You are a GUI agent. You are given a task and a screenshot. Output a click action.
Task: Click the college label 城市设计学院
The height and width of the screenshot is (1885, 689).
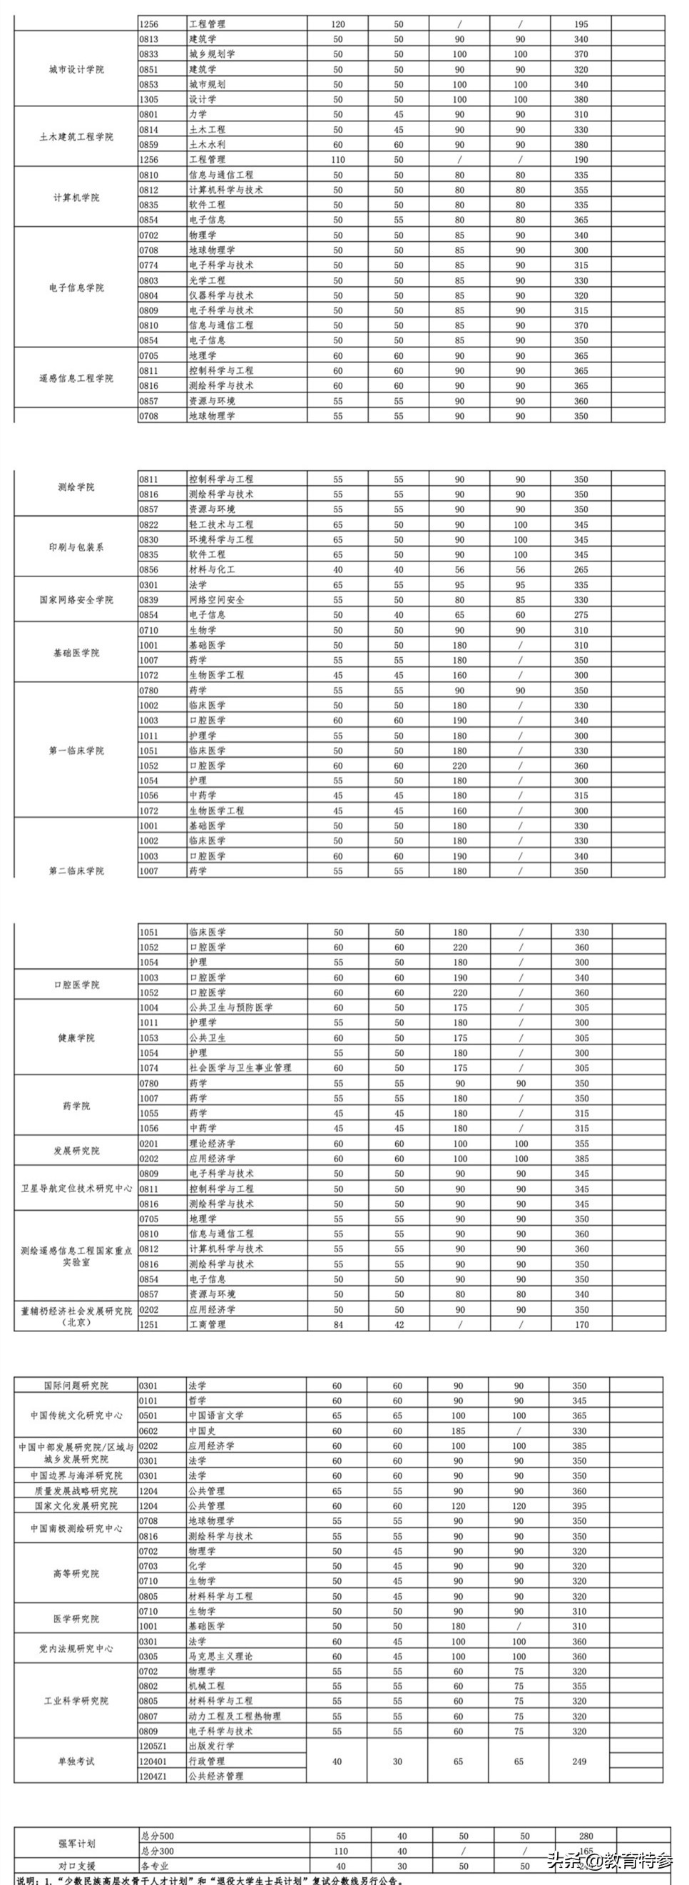tap(76, 69)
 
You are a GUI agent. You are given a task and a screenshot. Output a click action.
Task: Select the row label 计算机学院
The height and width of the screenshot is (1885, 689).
tap(76, 198)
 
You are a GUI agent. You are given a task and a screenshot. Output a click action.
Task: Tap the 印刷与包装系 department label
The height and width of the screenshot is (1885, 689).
tap(76, 547)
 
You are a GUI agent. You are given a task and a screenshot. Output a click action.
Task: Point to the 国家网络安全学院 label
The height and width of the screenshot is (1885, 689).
tap(76, 600)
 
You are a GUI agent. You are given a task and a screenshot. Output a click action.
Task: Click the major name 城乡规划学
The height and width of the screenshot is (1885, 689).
tap(212, 54)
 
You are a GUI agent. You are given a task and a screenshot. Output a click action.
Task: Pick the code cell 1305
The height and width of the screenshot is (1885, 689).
tap(148, 99)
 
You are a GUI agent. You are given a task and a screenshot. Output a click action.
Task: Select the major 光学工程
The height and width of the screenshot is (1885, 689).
tap(207, 280)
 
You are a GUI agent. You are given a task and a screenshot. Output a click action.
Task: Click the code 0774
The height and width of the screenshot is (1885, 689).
tap(148, 265)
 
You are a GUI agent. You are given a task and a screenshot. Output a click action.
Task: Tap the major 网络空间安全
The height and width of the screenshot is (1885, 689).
tap(217, 600)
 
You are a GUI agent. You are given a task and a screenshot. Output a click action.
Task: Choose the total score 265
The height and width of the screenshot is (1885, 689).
tap(581, 570)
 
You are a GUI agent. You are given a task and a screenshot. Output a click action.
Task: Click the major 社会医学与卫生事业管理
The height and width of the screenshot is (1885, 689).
tap(240, 1068)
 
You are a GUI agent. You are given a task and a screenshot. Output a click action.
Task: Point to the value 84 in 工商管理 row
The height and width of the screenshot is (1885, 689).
tap(338, 1324)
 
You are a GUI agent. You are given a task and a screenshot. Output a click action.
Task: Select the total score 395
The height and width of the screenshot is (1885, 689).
tap(579, 1506)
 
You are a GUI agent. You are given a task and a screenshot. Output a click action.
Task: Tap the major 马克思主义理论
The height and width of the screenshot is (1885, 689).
tap(221, 1657)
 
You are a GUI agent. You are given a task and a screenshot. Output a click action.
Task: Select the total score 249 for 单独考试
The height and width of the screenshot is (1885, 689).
tap(579, 1762)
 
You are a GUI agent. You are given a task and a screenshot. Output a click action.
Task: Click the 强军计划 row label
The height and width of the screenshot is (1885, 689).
tap(76, 1844)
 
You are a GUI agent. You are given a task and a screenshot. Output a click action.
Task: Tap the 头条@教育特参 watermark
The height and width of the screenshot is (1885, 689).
tap(610, 1859)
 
